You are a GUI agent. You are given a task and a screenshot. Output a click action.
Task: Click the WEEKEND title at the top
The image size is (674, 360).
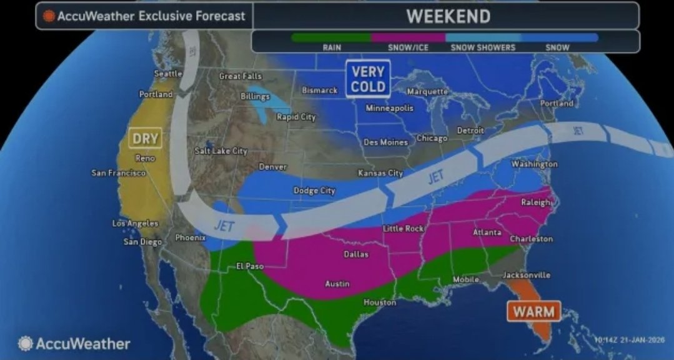tap(448, 16)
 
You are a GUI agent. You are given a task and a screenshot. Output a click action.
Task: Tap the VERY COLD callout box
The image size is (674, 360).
tap(367, 79)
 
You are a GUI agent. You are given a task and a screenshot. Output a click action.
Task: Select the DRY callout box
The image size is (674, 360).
tap(144, 137)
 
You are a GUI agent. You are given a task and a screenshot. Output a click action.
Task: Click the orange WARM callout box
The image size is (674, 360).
tap(533, 310)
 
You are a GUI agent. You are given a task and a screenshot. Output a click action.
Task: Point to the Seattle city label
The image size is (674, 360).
tap(168, 74)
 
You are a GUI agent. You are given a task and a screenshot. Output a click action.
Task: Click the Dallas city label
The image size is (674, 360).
tap(356, 254)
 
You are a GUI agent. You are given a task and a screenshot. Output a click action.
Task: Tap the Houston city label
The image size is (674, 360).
tap(380, 302)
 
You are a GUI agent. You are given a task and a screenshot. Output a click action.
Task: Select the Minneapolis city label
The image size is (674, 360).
tap(389, 108)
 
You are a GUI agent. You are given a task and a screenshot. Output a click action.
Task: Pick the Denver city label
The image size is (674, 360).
tap(273, 167)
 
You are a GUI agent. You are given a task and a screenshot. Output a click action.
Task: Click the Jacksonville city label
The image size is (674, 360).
tap(526, 274)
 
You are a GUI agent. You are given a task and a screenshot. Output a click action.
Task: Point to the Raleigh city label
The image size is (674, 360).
tap(536, 202)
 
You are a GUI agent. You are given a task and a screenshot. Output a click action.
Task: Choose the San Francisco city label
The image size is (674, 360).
tap(119, 172)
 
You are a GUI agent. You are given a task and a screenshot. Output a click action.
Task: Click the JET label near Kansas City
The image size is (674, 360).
tap(435, 177)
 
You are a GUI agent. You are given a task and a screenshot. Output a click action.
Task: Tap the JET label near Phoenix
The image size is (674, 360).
tap(224, 226)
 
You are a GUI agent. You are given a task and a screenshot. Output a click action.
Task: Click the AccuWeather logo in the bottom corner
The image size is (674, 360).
tap(74, 344)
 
